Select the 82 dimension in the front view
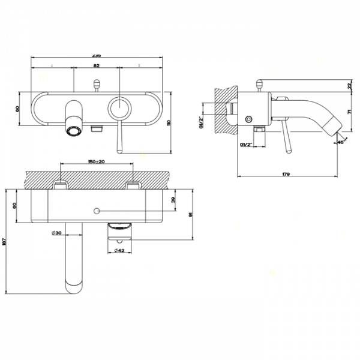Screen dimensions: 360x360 tap(97, 65)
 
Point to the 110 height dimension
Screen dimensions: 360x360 tap(169, 122)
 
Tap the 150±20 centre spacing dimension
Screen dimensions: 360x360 tap(96, 162)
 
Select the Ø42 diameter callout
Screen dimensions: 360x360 tap(121, 252)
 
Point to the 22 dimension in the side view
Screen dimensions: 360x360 tap(350, 86)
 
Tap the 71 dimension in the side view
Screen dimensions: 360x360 tap(350, 112)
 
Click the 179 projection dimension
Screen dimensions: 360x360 tap(286, 175)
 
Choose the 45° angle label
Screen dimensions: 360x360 tap(341, 142)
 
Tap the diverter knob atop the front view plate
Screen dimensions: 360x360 tap(96, 86)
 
